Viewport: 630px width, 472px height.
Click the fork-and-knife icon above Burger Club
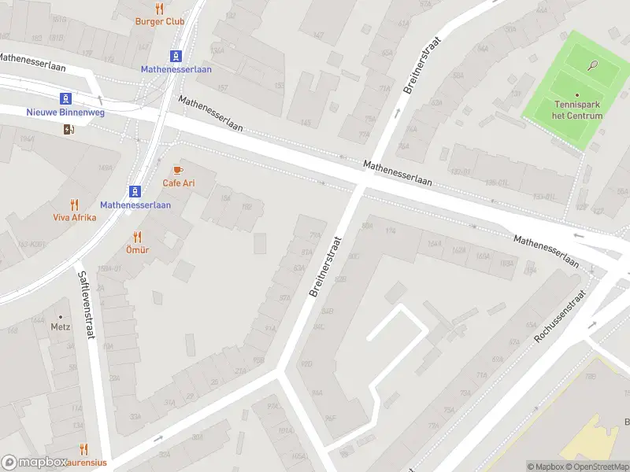[x=160, y=9]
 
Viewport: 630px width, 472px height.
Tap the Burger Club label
[x=160, y=21]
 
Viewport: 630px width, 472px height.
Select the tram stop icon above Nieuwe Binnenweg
[x=67, y=98]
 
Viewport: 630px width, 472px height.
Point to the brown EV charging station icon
[x=69, y=130]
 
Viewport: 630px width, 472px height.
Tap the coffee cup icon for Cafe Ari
[x=178, y=170]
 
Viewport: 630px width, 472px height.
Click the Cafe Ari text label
[x=179, y=183]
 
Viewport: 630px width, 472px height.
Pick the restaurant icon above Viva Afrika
[x=75, y=205]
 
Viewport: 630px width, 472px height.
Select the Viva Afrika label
[x=75, y=217]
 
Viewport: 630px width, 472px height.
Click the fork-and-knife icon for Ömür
[x=137, y=236]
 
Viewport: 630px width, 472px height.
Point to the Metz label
[x=61, y=326]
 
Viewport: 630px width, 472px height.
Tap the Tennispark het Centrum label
[x=578, y=110]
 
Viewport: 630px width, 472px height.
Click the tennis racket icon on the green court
[x=593, y=66]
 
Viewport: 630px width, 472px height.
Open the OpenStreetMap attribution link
[x=600, y=466]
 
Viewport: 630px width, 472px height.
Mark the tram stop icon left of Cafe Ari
[x=135, y=191]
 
